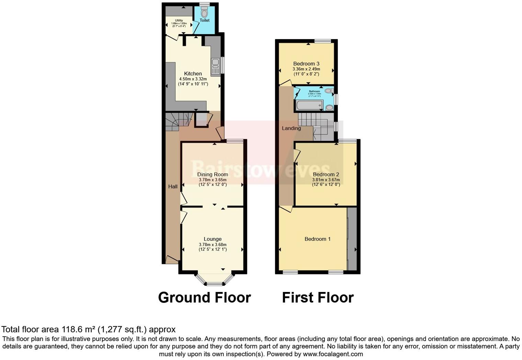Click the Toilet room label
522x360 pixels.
point(205,20)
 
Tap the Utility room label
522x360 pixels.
point(179,21)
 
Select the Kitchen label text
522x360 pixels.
point(193,74)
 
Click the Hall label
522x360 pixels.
point(173,187)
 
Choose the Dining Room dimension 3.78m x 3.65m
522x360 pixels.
point(213,180)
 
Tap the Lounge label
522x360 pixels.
point(213,239)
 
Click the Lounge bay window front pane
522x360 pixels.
point(214,284)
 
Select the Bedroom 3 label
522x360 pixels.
point(306,64)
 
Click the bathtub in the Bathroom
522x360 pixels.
point(309,105)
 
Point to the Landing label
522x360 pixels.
point(291,128)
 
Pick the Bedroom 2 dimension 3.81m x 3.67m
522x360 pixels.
point(326,180)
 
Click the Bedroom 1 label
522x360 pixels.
point(318,239)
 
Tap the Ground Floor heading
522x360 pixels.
point(204,297)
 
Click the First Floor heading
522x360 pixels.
point(318,297)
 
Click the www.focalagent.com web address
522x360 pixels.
point(333,354)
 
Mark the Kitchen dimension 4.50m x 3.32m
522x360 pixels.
point(193,79)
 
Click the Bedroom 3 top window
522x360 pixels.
point(322,41)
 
